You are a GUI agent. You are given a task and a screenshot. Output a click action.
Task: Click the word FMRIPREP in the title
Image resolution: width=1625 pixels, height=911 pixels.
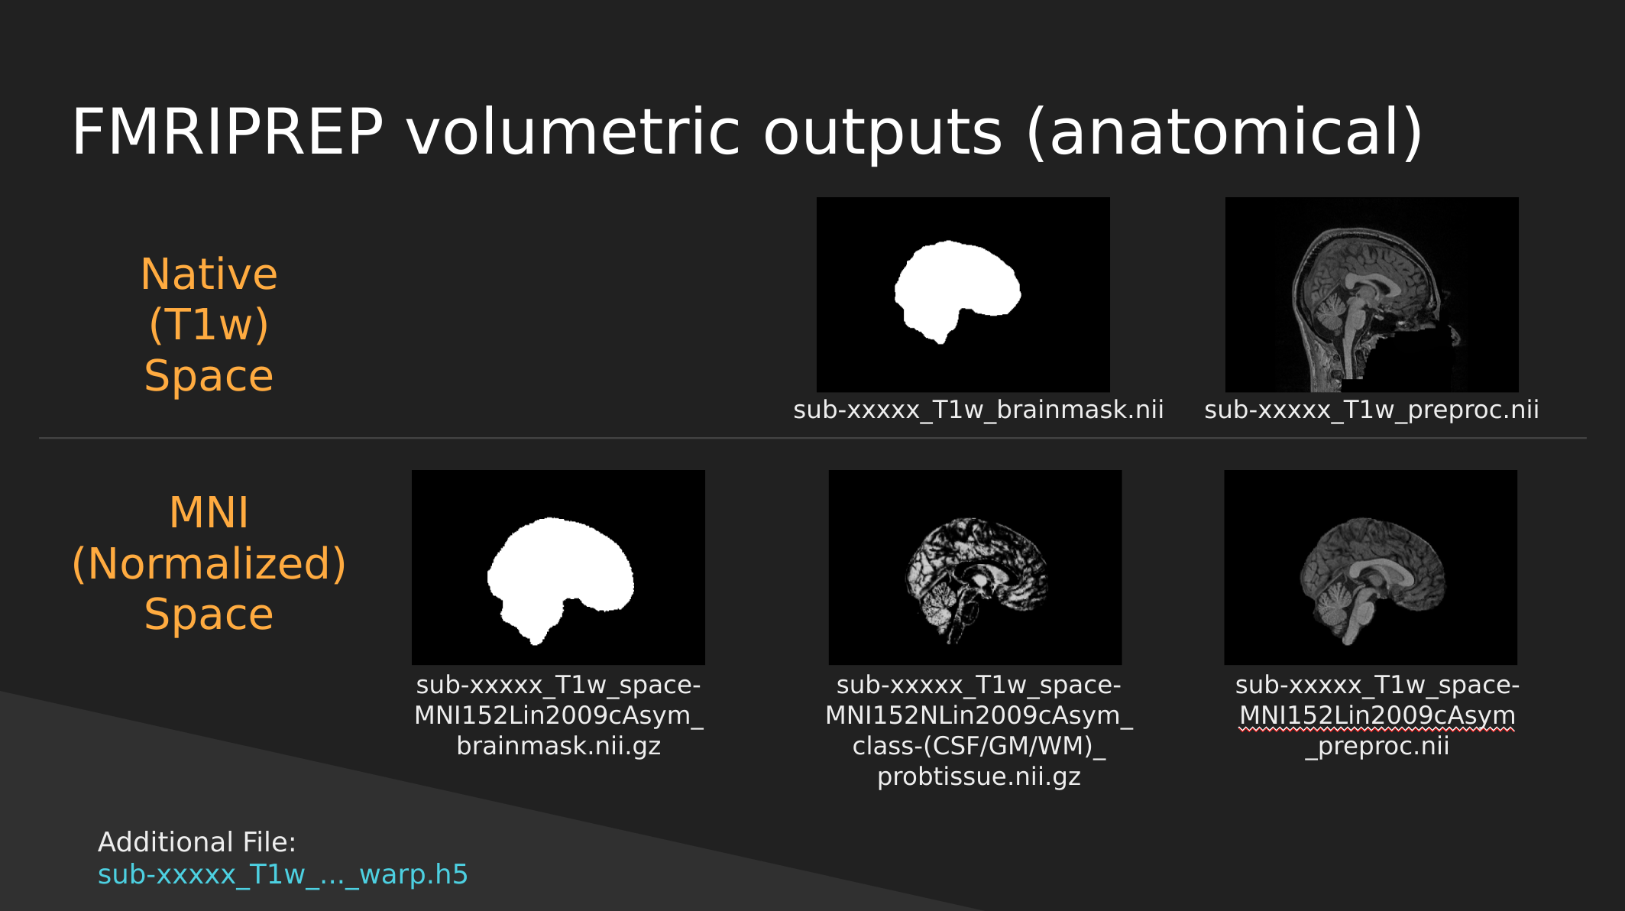coord(228,131)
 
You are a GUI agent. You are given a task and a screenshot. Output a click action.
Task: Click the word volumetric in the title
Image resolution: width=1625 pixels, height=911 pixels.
coord(573,131)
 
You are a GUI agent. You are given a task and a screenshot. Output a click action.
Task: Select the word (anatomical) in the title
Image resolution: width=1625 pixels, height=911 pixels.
coord(1225,133)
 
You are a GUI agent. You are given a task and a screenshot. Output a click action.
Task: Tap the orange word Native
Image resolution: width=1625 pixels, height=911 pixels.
coord(209,274)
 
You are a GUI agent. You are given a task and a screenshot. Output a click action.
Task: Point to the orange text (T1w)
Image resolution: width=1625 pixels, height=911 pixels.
coord(209,324)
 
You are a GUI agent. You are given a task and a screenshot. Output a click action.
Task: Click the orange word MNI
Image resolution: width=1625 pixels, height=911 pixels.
coord(209,512)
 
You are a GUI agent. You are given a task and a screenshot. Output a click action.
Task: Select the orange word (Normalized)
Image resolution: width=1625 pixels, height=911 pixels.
coord(209,563)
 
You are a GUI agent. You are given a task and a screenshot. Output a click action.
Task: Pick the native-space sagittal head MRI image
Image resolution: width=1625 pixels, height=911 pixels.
coord(1371,294)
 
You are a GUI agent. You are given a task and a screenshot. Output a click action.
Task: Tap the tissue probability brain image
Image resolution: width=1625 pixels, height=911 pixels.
coord(975,567)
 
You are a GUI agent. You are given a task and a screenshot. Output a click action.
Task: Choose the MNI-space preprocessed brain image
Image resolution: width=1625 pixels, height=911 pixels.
coord(1371,567)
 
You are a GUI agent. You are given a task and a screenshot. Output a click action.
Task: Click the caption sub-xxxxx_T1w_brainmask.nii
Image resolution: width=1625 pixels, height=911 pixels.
coord(979,410)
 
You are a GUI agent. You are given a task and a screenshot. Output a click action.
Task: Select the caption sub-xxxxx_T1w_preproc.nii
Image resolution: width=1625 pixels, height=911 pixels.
coord(1371,410)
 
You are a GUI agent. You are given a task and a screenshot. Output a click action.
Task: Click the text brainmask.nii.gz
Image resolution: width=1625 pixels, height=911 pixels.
coord(558,746)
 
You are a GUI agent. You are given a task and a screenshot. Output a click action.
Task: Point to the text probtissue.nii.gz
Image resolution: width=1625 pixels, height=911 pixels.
coord(979,776)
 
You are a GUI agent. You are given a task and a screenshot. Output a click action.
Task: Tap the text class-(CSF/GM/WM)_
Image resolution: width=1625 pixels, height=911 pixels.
coord(979,746)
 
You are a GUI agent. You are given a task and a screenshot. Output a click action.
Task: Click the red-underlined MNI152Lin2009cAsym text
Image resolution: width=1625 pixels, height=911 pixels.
coord(1377,715)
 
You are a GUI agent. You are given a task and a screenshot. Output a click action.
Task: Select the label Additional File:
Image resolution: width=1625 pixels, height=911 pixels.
coord(197,841)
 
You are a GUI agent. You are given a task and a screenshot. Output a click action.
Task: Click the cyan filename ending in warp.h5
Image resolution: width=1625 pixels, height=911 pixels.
coord(283,874)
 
